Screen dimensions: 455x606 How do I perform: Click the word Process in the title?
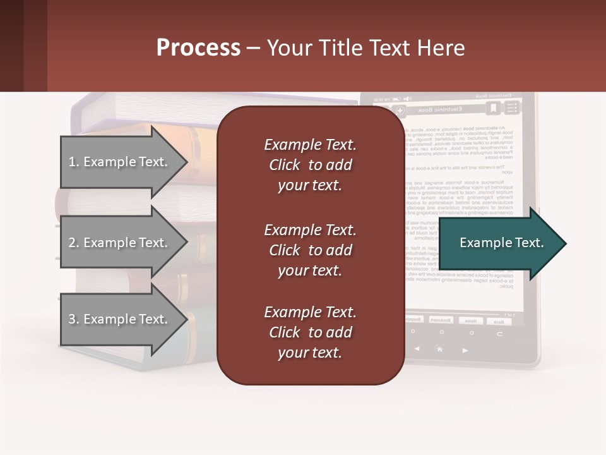198,48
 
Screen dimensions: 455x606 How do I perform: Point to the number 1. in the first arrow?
74,162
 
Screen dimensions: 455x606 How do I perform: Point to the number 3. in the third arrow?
74,319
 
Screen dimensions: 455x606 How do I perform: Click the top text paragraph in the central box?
310,165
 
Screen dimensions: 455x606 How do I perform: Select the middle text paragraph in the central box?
310,250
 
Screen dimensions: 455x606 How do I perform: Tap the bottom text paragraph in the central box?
310,332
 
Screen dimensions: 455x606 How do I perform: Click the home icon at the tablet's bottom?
440,349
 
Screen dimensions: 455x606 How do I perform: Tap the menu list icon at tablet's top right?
511,108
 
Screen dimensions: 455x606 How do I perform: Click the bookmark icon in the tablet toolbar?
493,108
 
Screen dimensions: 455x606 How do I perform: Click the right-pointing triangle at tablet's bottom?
465,349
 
